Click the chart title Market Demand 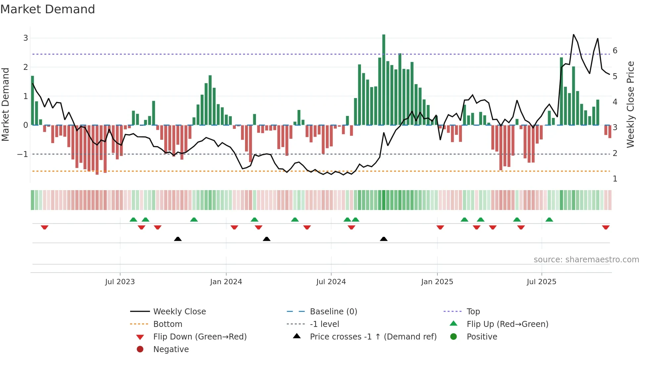[x=48, y=9]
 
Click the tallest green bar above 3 [x=383, y=79]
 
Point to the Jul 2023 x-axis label [x=120, y=282]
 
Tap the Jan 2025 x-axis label [x=437, y=282]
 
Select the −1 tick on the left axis [x=23, y=154]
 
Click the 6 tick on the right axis [x=615, y=51]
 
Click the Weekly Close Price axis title [x=630, y=104]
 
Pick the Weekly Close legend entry [x=179, y=311]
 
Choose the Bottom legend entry [x=168, y=324]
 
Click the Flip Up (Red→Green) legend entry [x=507, y=324]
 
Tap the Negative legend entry [x=171, y=349]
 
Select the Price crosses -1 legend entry [x=373, y=337]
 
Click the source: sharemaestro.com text [x=586, y=259]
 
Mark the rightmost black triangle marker [x=384, y=239]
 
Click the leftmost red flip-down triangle [x=44, y=227]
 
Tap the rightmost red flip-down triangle [x=606, y=227]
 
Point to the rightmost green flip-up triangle [x=549, y=220]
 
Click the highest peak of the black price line [x=574, y=35]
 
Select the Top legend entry [x=473, y=311]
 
